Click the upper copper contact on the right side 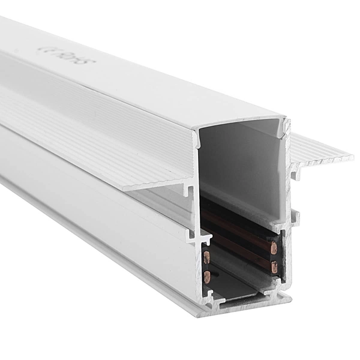tap(274, 247)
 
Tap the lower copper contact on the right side tap(274, 267)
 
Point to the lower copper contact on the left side tap(206, 277)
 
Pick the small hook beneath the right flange tap(295, 175)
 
